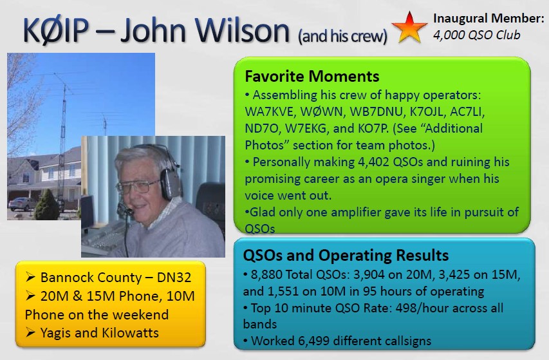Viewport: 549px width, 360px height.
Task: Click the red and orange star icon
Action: [409, 28]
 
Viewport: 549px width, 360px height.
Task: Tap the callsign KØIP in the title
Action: [55, 30]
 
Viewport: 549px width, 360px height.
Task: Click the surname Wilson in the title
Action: [242, 30]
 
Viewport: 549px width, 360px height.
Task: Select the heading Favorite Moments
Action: [312, 77]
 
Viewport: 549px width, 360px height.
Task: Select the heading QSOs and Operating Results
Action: [346, 255]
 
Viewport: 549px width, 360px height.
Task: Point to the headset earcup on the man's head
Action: [171, 182]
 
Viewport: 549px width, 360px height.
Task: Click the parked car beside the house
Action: [21, 204]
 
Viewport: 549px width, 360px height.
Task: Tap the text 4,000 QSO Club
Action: [476, 35]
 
